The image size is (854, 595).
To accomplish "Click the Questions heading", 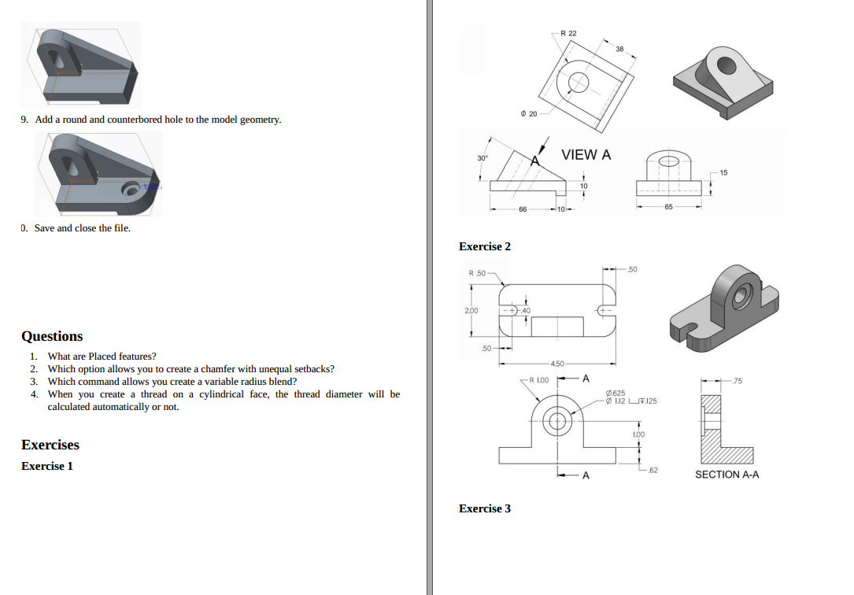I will coord(52,336).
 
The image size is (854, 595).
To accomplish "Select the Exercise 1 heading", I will coord(47,466).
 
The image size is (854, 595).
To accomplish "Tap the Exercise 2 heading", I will coord(485,246).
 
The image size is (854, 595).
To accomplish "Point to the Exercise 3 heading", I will coord(485,508).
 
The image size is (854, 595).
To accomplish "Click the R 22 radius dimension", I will coord(568,33).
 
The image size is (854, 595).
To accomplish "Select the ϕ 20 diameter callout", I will coord(529,114).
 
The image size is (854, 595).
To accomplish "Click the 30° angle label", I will coord(482,158).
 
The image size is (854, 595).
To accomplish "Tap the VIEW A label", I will coord(586,155).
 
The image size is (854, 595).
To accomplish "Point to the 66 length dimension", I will coord(523,210).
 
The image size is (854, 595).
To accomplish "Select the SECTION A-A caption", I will coord(726,475).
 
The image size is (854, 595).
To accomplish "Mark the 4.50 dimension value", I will coord(556,364).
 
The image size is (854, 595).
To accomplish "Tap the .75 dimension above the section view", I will coord(736,381).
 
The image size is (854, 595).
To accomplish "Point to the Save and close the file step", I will coord(82,228).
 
